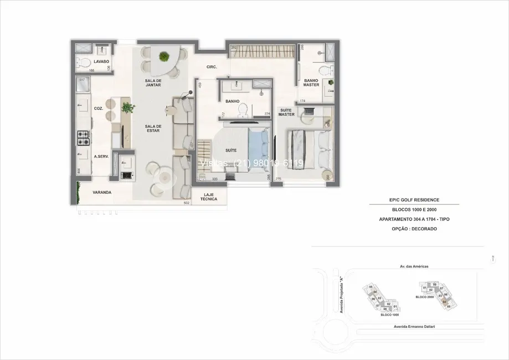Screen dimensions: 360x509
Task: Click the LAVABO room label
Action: click(x=101, y=61)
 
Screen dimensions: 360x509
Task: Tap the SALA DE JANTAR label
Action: click(x=153, y=83)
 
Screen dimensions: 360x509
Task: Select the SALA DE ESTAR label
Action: click(x=153, y=128)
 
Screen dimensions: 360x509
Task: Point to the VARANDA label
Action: click(x=101, y=192)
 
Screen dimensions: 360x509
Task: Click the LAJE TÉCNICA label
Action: click(x=209, y=197)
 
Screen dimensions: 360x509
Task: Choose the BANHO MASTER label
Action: click(x=311, y=83)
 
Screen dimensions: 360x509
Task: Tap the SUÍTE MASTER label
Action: click(x=286, y=111)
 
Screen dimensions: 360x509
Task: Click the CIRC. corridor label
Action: click(x=211, y=67)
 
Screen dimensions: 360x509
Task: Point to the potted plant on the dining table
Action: click(x=164, y=56)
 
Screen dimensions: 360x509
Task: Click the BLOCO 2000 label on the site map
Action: click(x=424, y=297)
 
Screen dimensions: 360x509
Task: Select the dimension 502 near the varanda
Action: click(x=187, y=203)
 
